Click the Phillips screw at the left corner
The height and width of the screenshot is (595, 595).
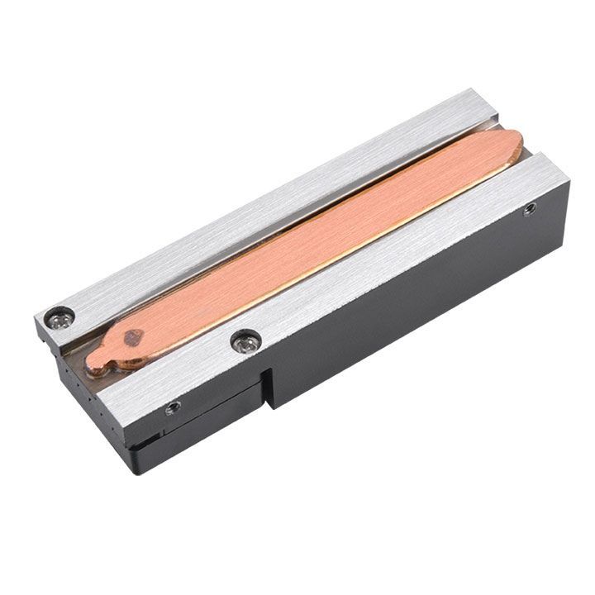click(x=59, y=315)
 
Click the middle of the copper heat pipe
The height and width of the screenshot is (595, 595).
click(x=314, y=248)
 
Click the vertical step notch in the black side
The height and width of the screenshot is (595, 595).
click(x=266, y=388)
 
